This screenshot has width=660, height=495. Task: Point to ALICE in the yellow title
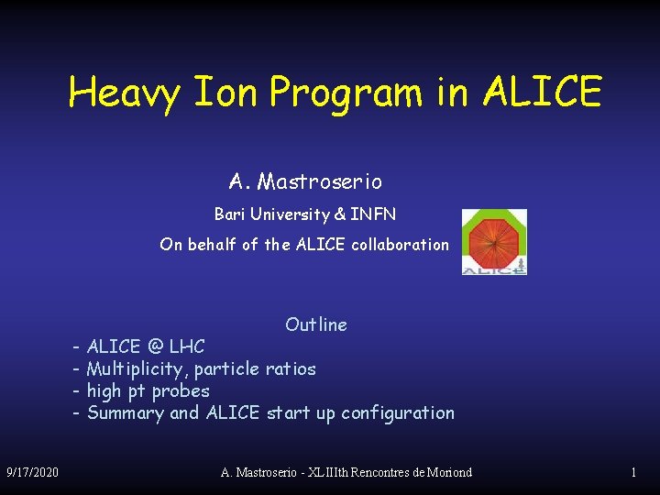pyautogui.click(x=542, y=92)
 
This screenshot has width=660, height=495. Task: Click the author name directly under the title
pyautogui.click(x=305, y=182)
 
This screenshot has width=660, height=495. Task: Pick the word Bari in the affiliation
pyautogui.click(x=231, y=214)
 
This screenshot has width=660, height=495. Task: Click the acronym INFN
pyautogui.click(x=373, y=214)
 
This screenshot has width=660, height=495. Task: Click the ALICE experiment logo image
pyautogui.click(x=493, y=241)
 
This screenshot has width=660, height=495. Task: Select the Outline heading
pyautogui.click(x=316, y=324)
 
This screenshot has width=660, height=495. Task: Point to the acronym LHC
pyautogui.click(x=187, y=347)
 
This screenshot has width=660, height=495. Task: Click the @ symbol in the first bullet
pyautogui.click(x=155, y=347)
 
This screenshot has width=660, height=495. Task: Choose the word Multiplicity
pyautogui.click(x=137, y=369)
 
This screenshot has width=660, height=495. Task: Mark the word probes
pyautogui.click(x=181, y=391)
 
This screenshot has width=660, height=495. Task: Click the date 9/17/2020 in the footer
pyautogui.click(x=32, y=472)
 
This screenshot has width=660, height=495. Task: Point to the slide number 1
pyautogui.click(x=633, y=472)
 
